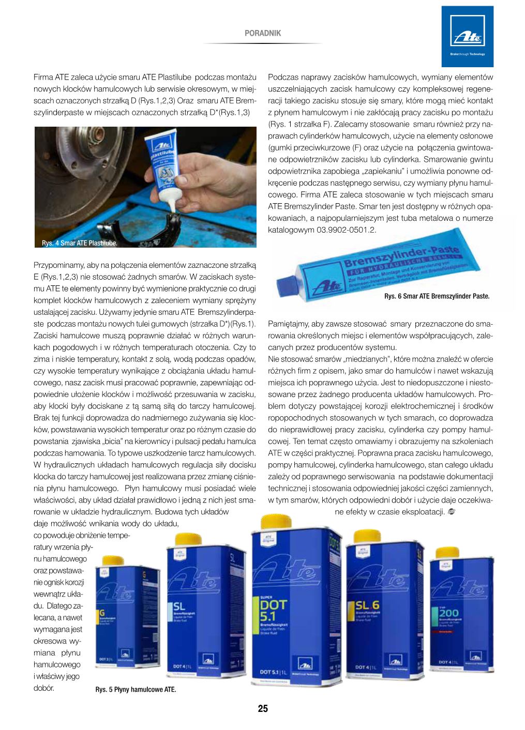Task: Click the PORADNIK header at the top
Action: click(x=262, y=33)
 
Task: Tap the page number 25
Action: click(x=263, y=709)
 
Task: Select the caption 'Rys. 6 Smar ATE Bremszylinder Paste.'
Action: click(x=437, y=296)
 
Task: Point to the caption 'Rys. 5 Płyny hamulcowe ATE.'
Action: click(x=136, y=689)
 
